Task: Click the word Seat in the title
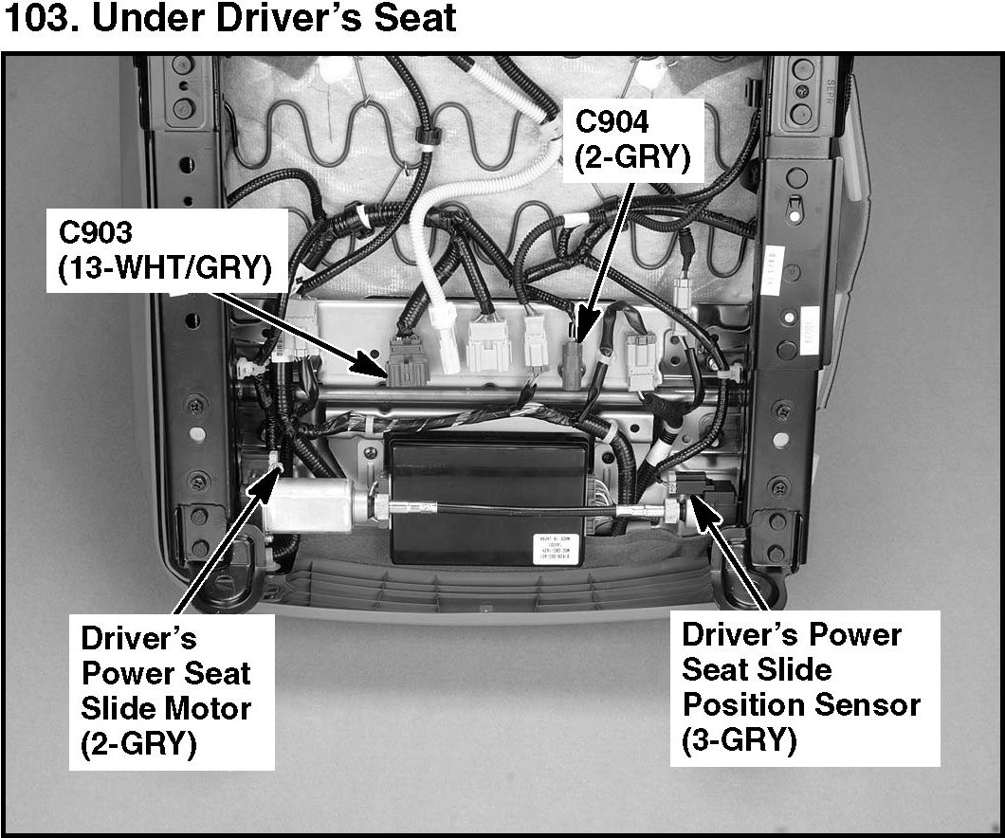[411, 19]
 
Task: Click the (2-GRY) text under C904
[631, 157]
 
